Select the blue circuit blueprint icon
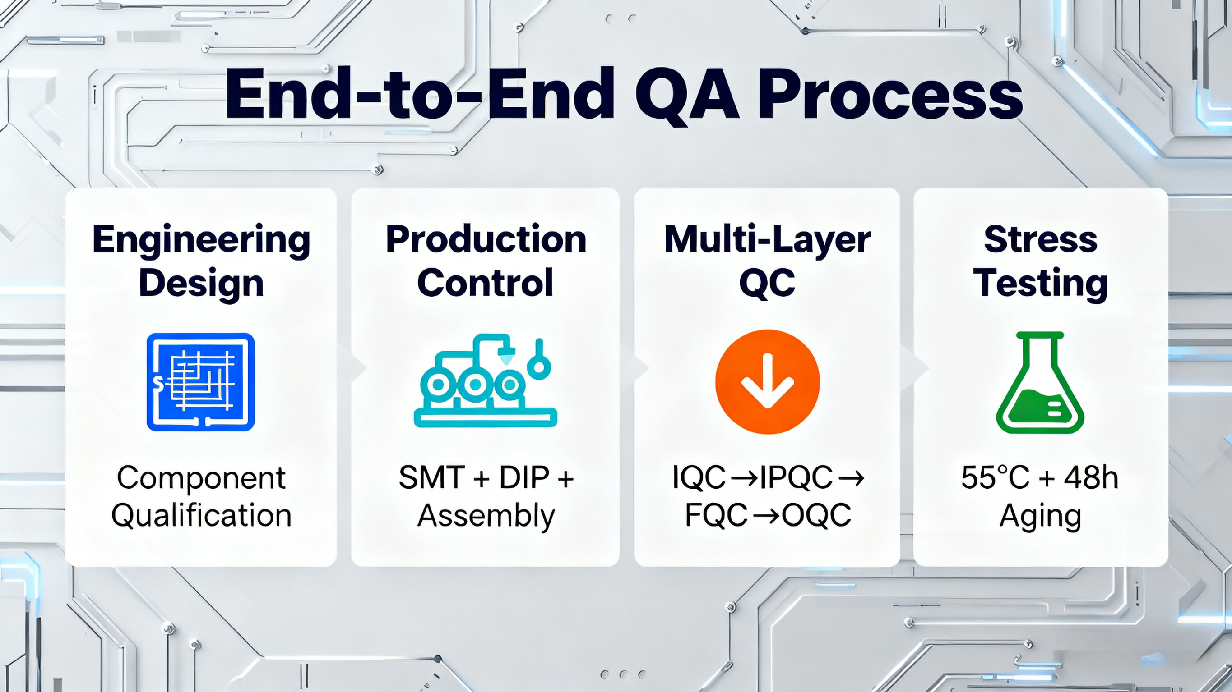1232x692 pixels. [x=200, y=382]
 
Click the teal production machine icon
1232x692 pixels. [x=485, y=382]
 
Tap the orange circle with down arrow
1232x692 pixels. [x=767, y=382]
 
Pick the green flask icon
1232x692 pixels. [x=1040, y=383]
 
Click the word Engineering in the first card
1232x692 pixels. [x=201, y=240]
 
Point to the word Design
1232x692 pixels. [x=201, y=283]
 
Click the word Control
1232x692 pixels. [x=486, y=283]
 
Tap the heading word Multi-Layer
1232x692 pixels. [x=767, y=240]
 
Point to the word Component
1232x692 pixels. [x=201, y=478]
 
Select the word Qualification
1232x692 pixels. [x=201, y=516]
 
